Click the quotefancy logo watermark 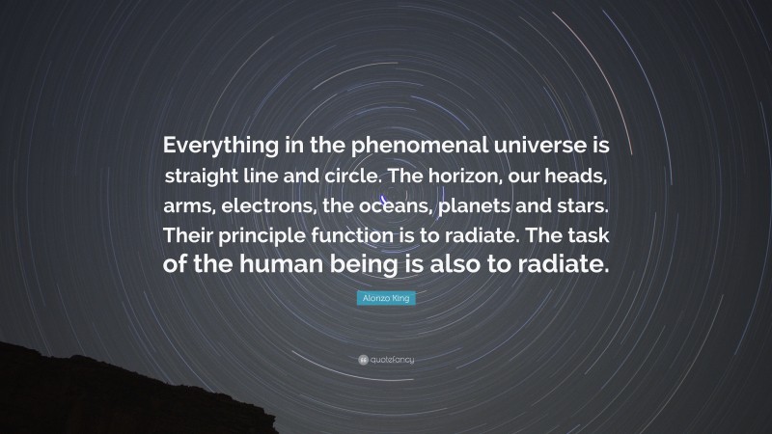386,360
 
